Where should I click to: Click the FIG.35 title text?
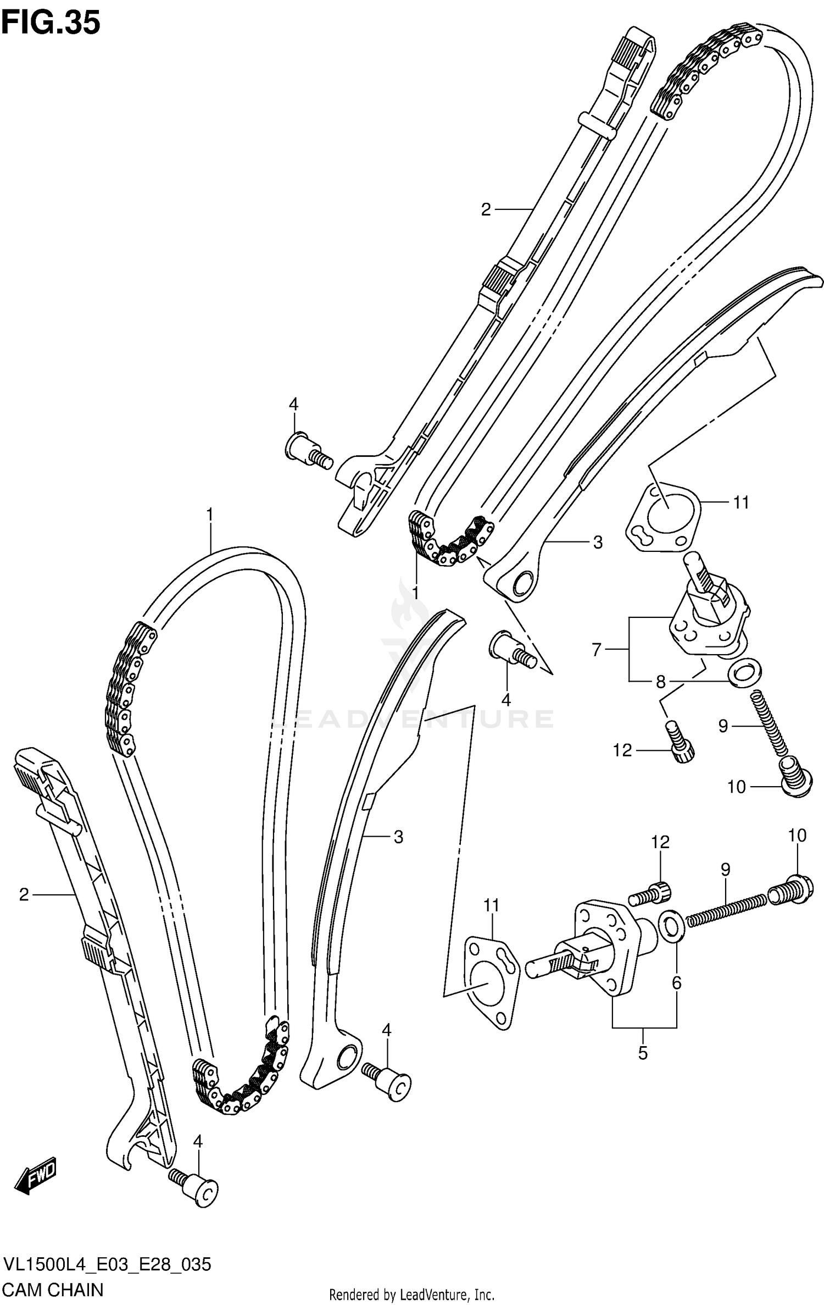51,23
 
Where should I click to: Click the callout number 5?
643,1053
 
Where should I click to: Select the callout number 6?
676,982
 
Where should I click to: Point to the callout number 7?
597,650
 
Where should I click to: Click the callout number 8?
660,682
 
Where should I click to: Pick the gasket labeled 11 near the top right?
663,516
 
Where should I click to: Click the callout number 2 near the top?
485,209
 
